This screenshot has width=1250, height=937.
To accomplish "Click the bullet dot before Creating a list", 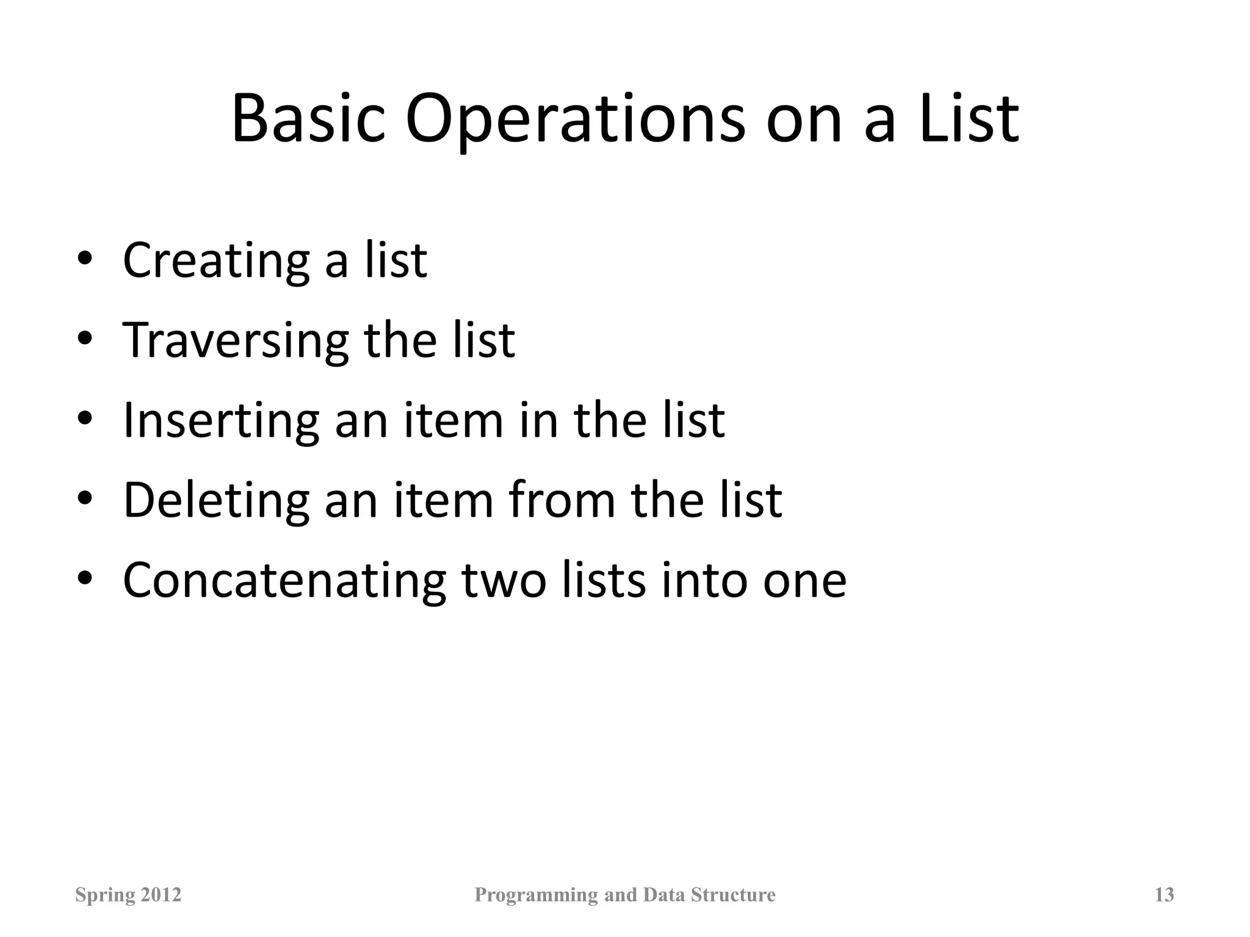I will [x=85, y=259].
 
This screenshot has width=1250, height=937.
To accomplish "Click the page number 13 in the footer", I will [x=1164, y=895].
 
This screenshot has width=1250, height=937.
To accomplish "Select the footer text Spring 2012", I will [x=128, y=895].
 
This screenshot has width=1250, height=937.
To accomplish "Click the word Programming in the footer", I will [x=536, y=895].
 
